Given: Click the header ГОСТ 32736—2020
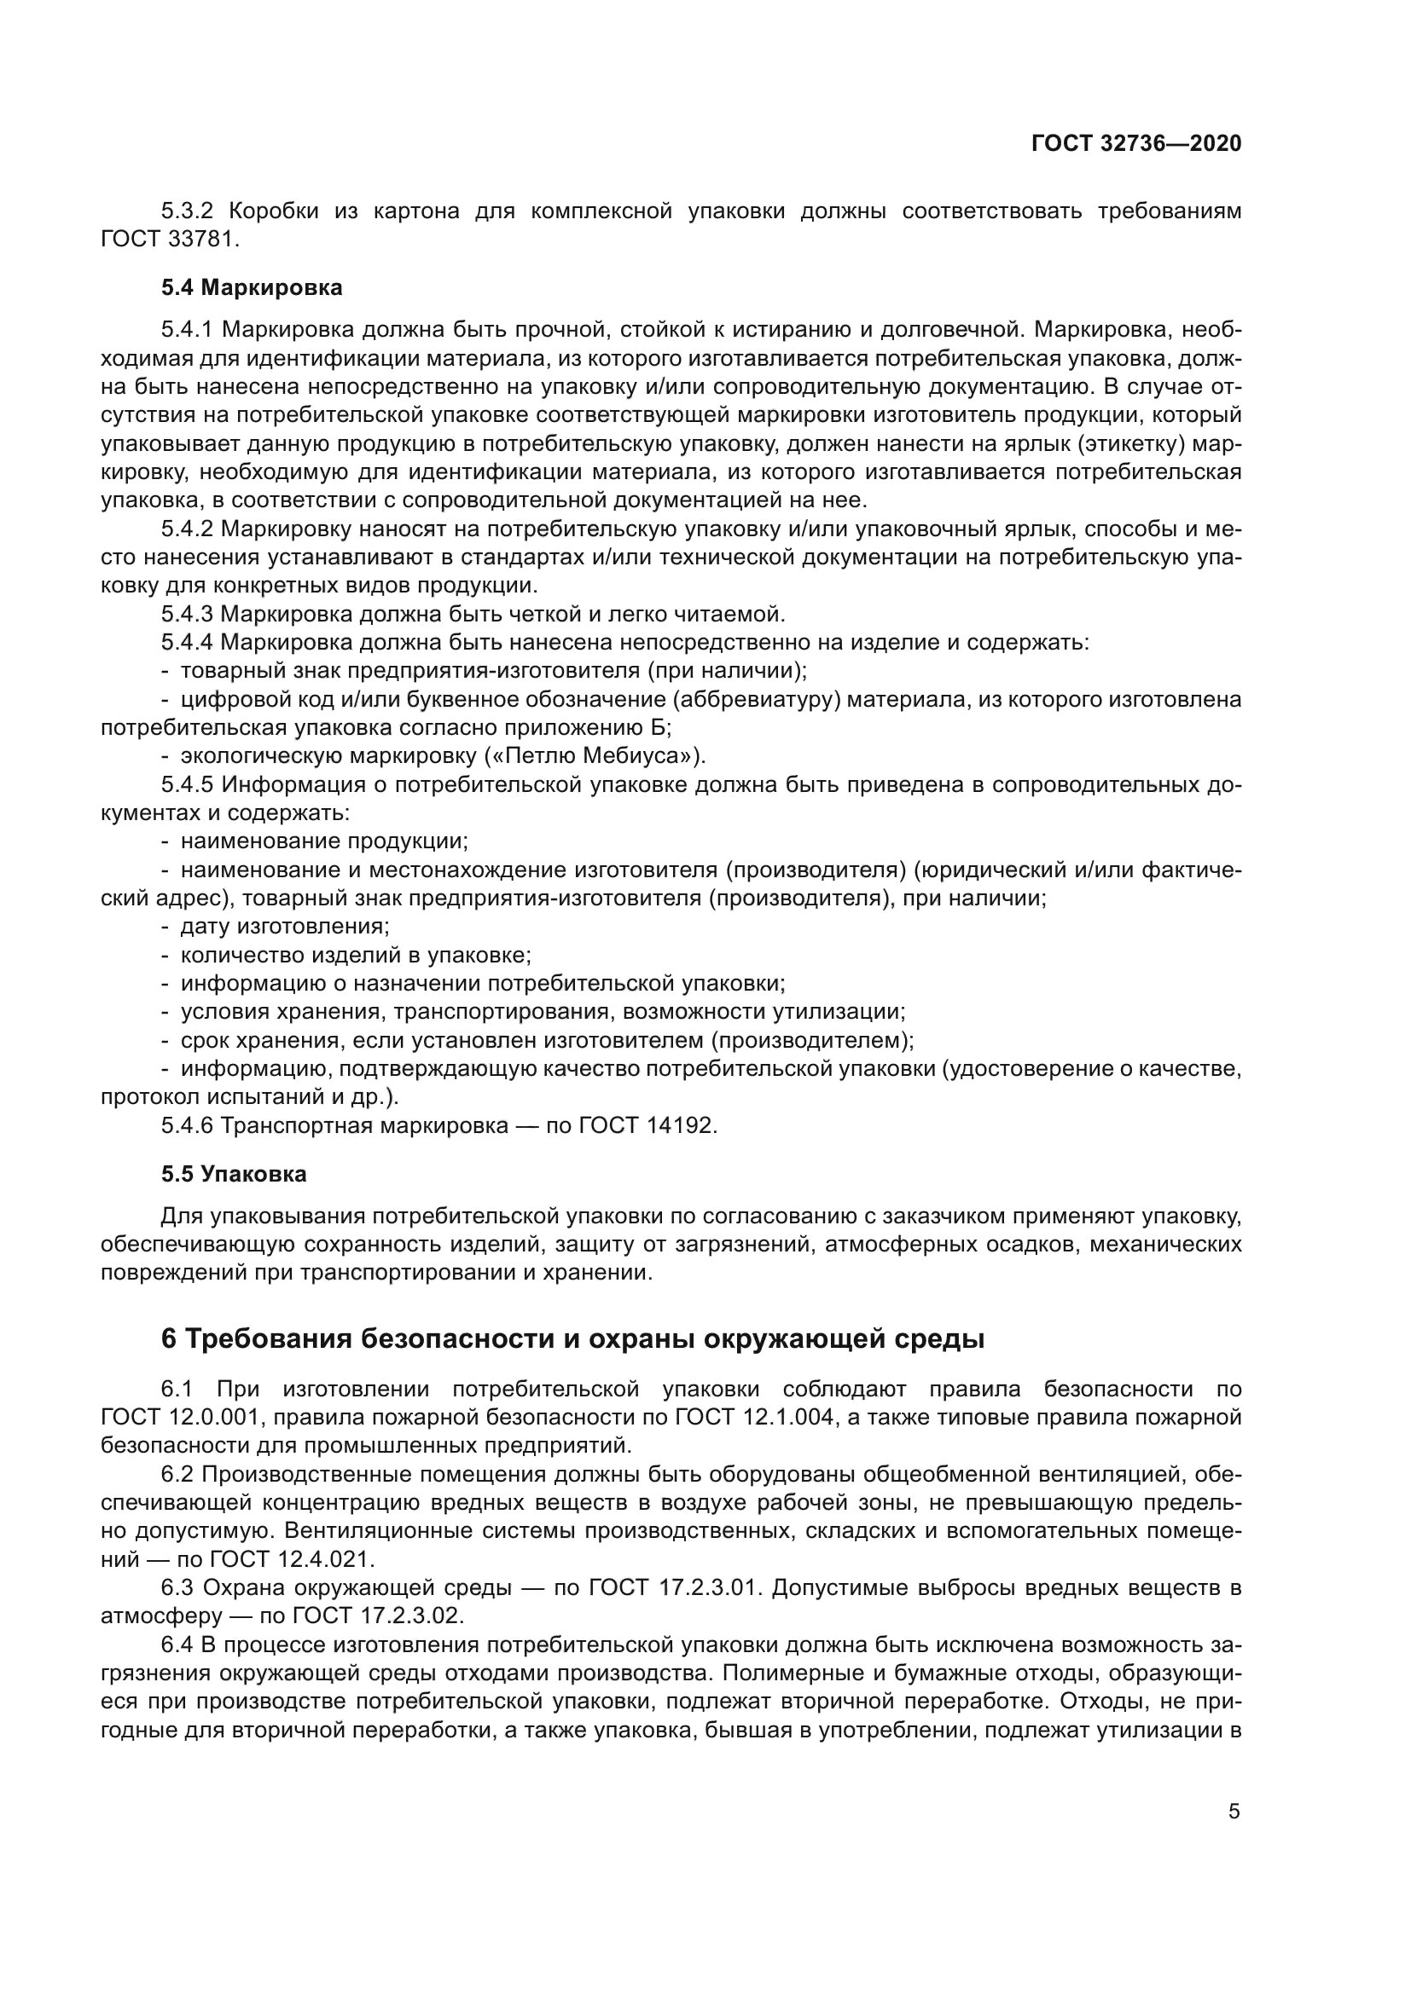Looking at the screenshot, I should (x=1135, y=144).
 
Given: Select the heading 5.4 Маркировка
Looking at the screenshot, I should (x=251, y=287).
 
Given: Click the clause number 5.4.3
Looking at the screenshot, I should (x=187, y=615).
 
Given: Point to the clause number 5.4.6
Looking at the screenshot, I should (x=187, y=1126).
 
